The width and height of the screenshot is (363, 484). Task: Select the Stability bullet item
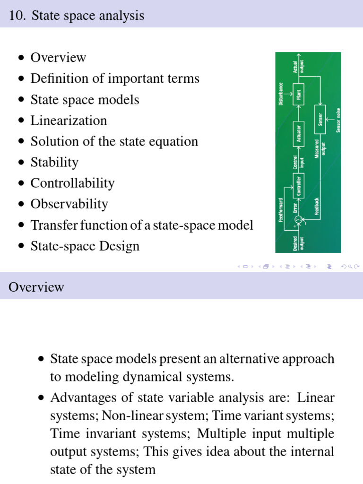click(54, 163)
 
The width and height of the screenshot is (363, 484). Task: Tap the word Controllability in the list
click(72, 183)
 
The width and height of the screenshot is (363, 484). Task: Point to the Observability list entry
click(69, 204)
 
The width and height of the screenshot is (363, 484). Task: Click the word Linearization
click(69, 121)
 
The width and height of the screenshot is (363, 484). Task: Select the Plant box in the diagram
click(299, 95)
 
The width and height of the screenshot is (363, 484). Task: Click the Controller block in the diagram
click(299, 185)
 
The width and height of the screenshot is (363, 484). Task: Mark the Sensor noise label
click(338, 121)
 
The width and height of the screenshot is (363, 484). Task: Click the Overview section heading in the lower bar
click(36, 287)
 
